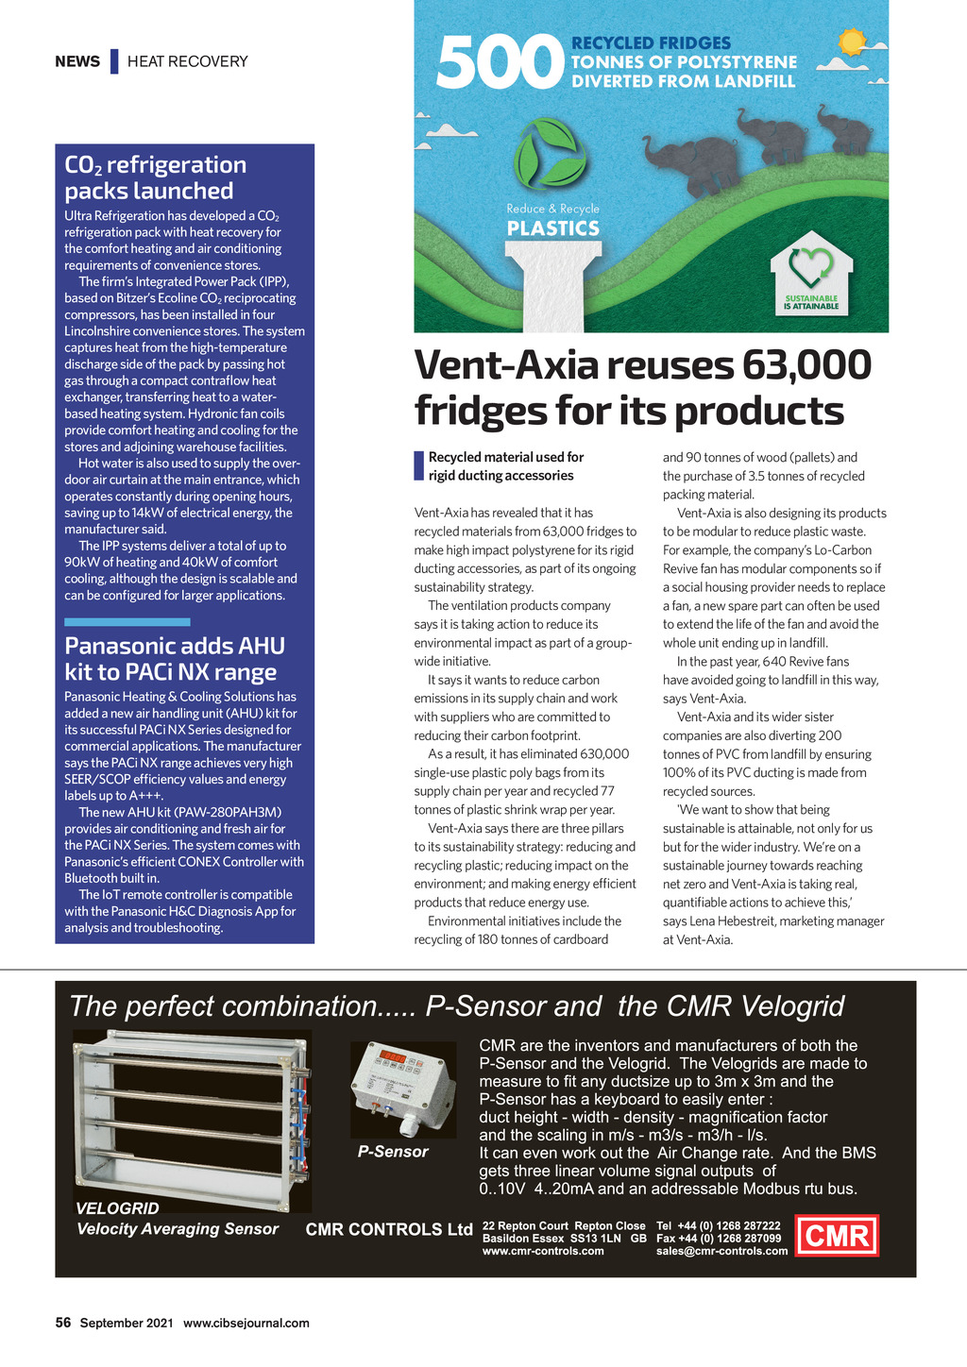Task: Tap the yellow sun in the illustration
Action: coord(852,42)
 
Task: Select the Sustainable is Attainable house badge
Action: coord(811,275)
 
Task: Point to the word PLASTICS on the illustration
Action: coord(553,228)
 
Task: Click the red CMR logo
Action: coord(838,1235)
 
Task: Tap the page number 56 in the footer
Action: coord(63,1323)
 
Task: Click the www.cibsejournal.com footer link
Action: coord(246,1323)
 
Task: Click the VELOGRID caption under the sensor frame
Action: coord(117,1208)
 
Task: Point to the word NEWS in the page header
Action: coord(77,61)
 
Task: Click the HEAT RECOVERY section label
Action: coord(188,61)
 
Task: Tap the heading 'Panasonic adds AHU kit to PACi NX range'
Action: coord(175,659)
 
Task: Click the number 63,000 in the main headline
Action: coord(806,365)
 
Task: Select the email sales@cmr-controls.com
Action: coord(721,1251)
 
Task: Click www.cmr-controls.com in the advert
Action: coord(543,1251)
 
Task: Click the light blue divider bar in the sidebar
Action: coord(127,622)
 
